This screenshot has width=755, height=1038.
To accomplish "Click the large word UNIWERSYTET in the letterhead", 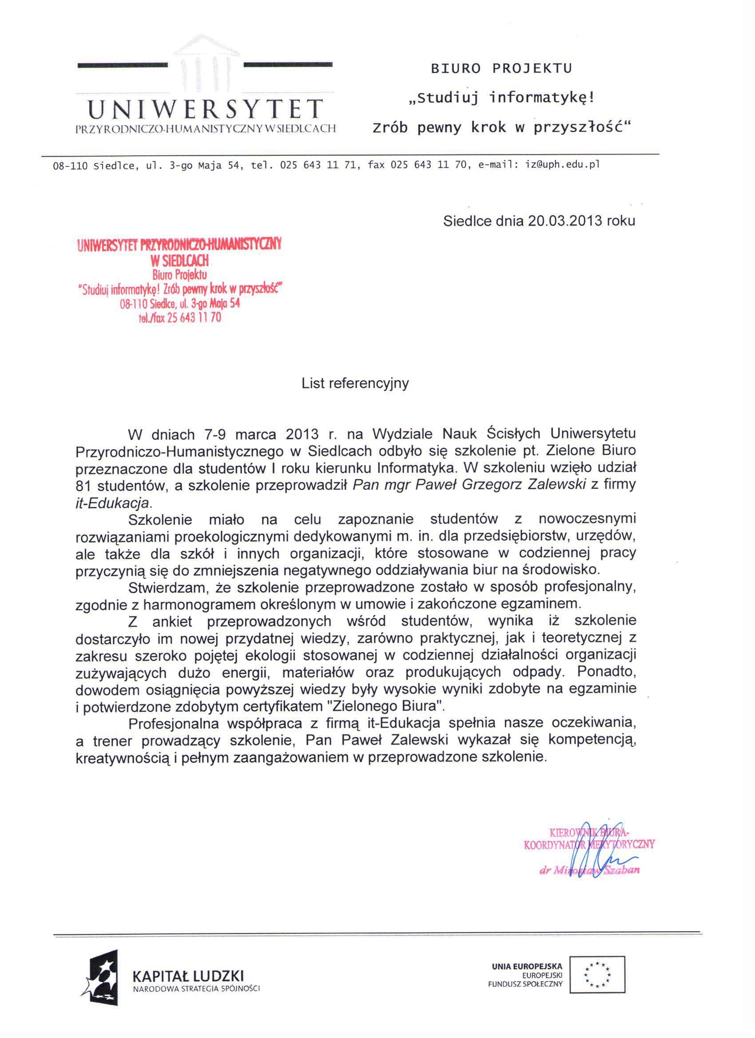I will click(205, 109).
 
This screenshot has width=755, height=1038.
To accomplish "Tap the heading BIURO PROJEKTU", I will click(501, 69).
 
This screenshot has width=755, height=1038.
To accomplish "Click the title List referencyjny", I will click(355, 383).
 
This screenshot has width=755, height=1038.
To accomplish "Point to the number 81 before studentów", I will click(85, 485).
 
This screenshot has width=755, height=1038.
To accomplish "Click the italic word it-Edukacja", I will click(112, 503).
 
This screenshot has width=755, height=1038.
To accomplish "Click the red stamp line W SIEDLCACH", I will click(179, 261).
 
